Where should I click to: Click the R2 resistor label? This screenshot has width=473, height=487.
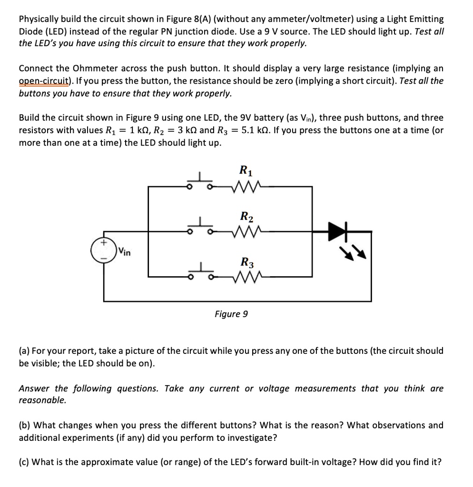[246, 217]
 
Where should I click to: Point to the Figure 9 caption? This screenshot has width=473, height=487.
[231, 314]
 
